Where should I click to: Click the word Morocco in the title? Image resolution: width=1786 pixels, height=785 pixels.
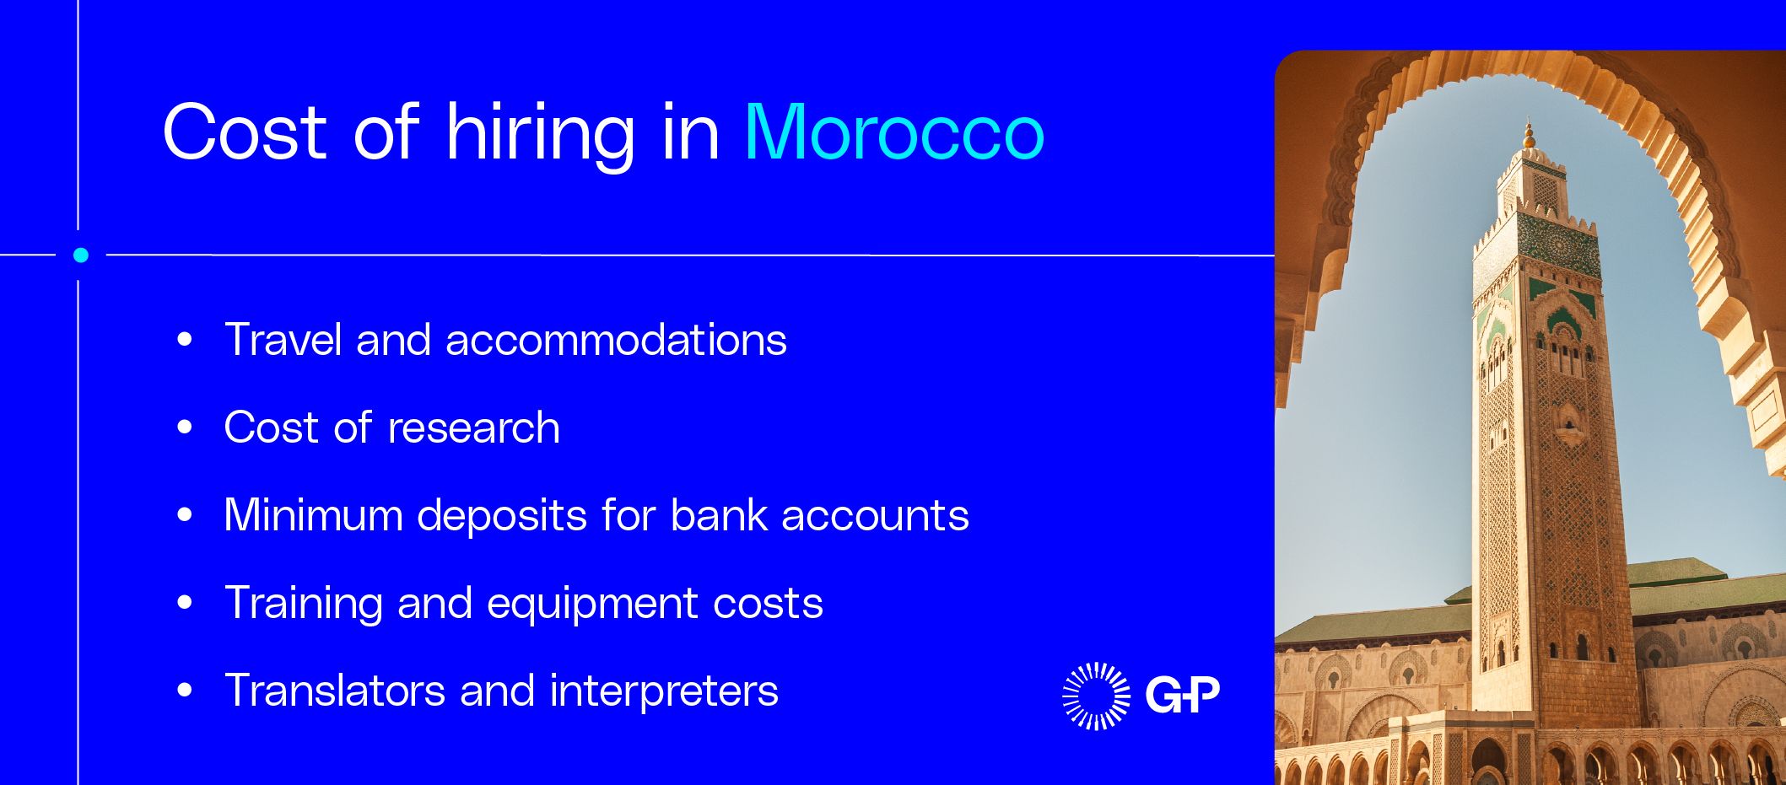[894, 132]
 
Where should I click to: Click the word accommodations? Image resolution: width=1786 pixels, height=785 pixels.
[616, 341]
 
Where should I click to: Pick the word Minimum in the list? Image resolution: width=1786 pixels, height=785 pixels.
[313, 515]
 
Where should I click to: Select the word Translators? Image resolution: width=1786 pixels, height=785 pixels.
[335, 691]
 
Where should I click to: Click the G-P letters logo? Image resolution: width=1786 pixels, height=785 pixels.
[1182, 695]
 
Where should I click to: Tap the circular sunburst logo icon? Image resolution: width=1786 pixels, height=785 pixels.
[1096, 696]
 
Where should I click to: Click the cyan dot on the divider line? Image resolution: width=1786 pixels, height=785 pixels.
[81, 255]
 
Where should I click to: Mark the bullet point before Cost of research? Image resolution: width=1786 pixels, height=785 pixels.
[185, 427]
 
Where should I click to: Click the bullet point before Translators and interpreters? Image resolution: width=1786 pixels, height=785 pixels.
[185, 691]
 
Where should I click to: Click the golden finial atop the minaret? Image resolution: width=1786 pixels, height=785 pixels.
[1529, 135]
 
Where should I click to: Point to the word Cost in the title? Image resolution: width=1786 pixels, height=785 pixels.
[245, 132]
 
